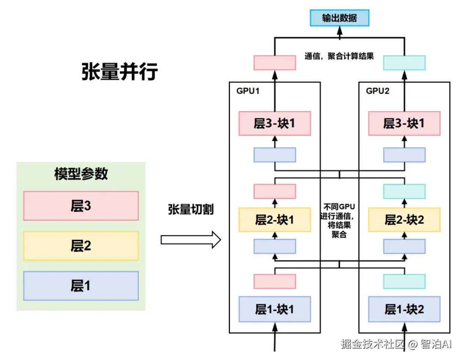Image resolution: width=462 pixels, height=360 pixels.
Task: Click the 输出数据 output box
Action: pos(339,18)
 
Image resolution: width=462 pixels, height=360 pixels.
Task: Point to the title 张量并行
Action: pos(119,71)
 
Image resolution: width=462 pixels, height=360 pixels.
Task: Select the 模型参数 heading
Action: pos(81,174)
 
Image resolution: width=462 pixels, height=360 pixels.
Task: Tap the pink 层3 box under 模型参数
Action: pos(81,206)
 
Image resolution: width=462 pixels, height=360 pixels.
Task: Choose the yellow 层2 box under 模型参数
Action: pos(81,246)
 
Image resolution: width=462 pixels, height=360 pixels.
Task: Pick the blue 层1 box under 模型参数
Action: pos(81,286)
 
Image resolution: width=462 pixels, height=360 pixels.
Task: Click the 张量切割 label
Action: pos(191,210)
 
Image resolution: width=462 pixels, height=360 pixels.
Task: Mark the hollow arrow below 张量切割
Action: pos(191,240)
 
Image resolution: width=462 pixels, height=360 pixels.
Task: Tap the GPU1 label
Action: pos(248,91)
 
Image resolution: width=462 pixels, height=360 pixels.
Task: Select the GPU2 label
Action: pos(377,91)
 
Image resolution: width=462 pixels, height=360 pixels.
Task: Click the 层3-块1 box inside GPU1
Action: pos(275,124)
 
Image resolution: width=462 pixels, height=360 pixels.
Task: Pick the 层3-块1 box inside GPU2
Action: pos(404,124)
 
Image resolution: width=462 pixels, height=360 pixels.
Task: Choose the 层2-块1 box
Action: pos(275,220)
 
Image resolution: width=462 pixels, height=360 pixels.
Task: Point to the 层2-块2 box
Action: pos(404,220)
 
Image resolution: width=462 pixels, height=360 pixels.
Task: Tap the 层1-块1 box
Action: pos(275,309)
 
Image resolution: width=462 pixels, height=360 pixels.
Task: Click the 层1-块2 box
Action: pos(404,309)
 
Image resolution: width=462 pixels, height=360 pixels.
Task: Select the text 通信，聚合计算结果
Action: pos(339,56)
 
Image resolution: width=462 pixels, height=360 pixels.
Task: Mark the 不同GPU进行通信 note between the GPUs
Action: pos(339,220)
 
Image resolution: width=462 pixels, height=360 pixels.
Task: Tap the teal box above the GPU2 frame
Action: pos(404,63)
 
